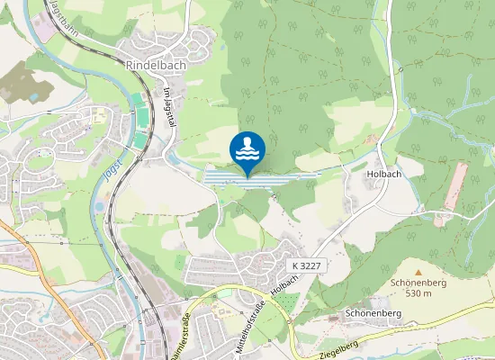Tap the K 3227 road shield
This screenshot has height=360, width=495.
(307, 267)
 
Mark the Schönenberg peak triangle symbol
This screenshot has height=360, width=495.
(418, 271)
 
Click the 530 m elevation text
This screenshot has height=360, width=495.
(418, 293)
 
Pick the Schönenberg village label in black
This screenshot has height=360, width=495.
(371, 314)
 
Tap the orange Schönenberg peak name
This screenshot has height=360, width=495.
(418, 282)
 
